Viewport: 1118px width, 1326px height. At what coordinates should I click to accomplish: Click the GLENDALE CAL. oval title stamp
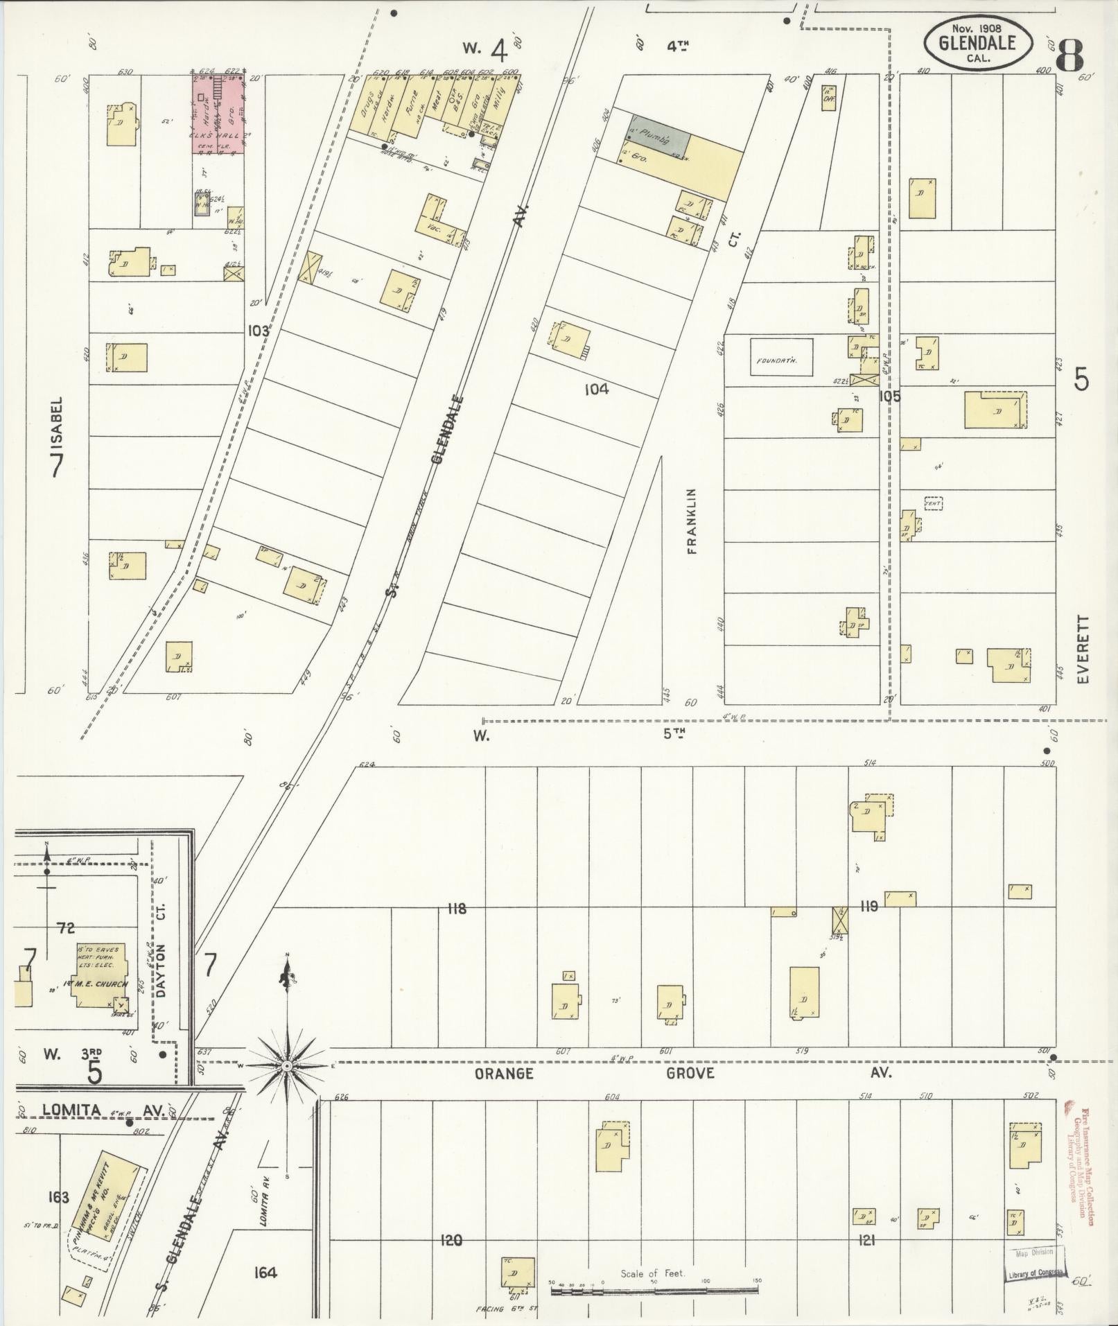[978, 43]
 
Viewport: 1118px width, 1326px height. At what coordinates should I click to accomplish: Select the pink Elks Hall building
[218, 114]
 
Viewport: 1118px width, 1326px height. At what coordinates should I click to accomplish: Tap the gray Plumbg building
[659, 141]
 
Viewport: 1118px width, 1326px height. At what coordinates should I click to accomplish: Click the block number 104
[596, 390]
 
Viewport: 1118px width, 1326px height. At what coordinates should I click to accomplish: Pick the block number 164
[265, 1273]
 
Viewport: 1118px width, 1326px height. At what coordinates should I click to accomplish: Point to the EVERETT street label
[1084, 650]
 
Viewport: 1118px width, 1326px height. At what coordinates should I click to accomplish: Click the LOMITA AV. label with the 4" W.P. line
[104, 1110]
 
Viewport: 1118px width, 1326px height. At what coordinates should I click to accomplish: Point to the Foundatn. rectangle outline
[782, 356]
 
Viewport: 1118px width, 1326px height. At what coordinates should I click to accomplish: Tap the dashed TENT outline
[934, 503]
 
